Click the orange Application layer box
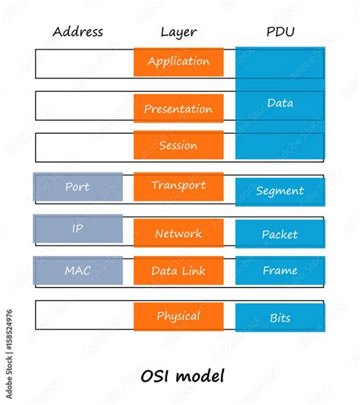[178, 62]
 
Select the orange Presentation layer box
[178, 109]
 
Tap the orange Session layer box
[178, 145]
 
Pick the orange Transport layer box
[178, 186]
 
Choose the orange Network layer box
[178, 233]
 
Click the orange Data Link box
[178, 271]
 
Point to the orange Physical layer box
[178, 316]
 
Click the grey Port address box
[77, 187]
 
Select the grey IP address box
[77, 229]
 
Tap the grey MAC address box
[77, 271]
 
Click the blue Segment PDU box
[279, 191]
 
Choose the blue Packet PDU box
[279, 234]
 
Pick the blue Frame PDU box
[279, 271]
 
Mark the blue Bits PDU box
[279, 318]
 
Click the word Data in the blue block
[279, 103]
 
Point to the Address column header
[77, 32]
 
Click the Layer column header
[178, 32]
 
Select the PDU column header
[279, 32]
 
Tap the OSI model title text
[182, 375]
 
